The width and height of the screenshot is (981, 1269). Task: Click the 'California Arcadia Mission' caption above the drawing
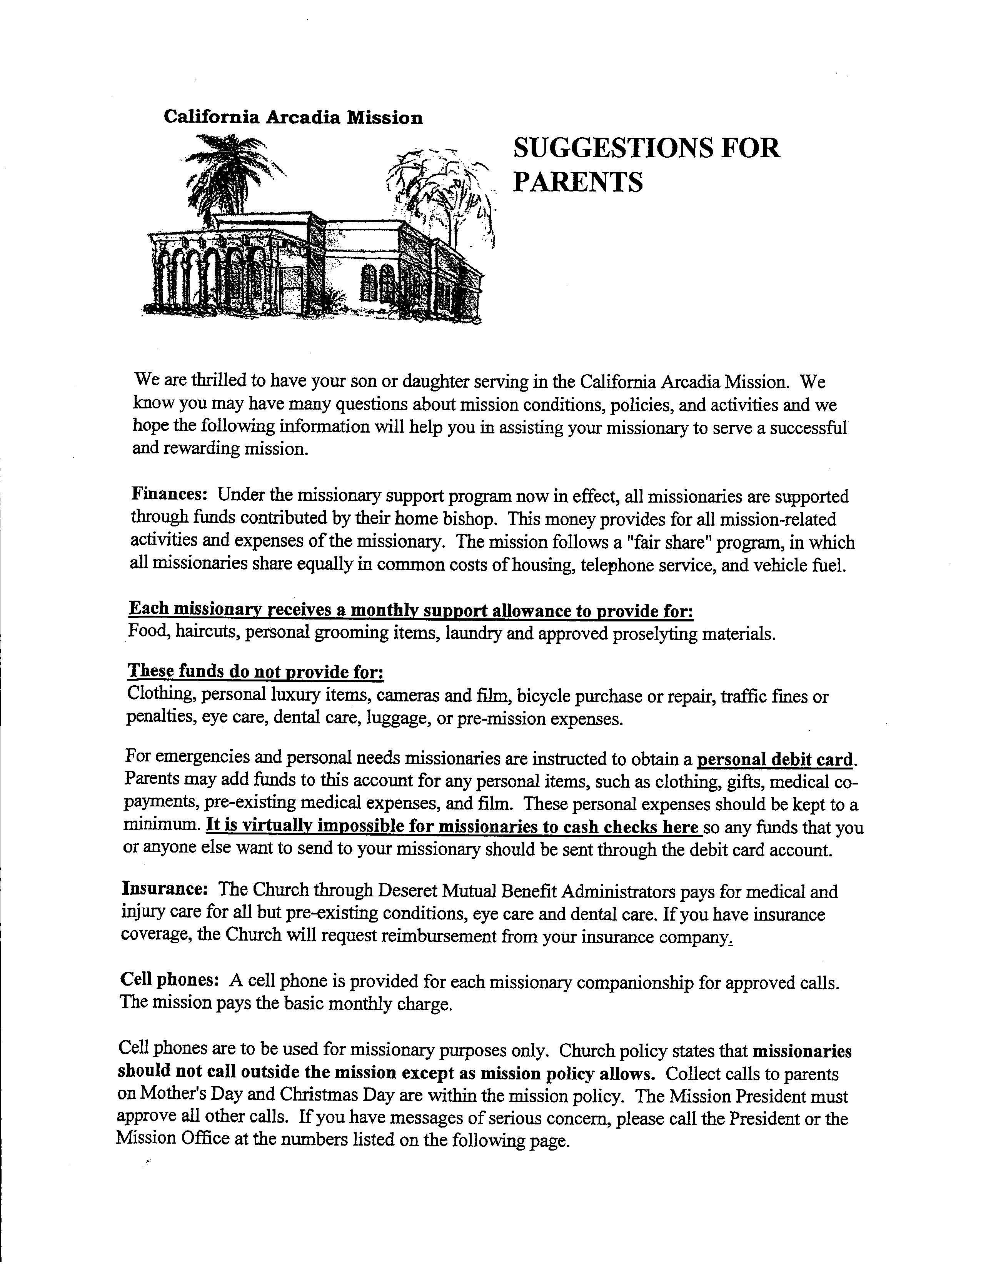293,117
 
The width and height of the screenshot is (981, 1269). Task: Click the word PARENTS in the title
578,182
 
